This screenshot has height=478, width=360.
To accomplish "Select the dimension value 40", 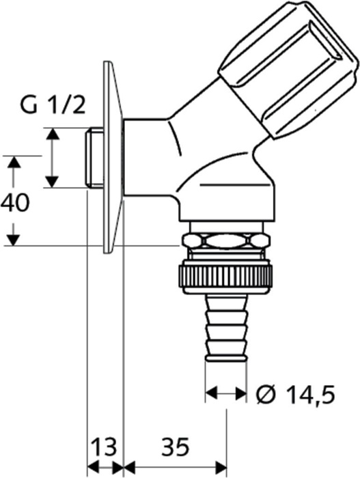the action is [x=15, y=203].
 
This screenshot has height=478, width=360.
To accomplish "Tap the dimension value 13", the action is [x=105, y=447].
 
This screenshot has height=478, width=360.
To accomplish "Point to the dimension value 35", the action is [x=176, y=447].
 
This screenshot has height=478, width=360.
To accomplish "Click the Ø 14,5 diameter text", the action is [x=295, y=394].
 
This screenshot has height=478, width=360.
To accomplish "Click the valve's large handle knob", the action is [x=288, y=69].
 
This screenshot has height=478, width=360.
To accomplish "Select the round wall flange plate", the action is [x=113, y=157].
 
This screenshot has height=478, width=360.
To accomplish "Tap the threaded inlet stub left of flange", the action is [x=94, y=157].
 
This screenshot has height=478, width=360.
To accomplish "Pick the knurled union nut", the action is [x=225, y=276].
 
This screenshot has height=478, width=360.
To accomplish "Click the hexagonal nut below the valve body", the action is [x=225, y=240].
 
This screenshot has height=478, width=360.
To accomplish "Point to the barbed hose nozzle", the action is [x=225, y=327].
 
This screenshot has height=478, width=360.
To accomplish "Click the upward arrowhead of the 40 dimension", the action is [x=14, y=163].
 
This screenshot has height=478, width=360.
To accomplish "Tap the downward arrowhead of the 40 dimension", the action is [x=14, y=240].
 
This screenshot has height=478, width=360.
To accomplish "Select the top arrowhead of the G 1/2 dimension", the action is [x=53, y=134].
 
